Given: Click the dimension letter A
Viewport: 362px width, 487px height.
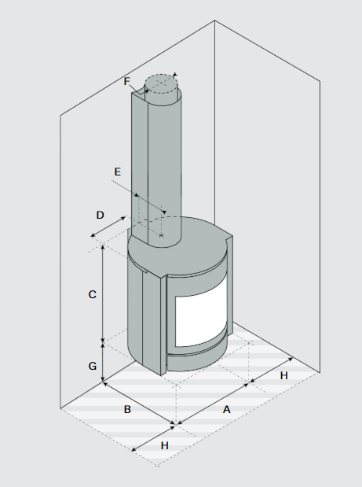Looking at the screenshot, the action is (x=227, y=410).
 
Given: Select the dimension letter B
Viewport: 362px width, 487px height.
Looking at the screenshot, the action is (x=127, y=409).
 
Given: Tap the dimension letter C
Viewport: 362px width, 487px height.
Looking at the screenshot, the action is (x=93, y=294).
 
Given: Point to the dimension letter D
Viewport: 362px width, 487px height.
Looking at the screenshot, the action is (x=100, y=215).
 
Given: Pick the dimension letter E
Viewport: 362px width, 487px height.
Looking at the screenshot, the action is (x=118, y=172).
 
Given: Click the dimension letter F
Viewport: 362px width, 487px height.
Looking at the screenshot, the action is (x=126, y=81).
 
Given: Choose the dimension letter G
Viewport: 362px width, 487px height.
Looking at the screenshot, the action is (x=93, y=366).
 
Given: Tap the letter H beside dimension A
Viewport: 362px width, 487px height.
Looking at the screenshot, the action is (x=284, y=375).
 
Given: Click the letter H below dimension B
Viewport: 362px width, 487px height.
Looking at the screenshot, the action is (x=165, y=445).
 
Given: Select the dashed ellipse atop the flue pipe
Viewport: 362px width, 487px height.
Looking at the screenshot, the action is (x=161, y=84).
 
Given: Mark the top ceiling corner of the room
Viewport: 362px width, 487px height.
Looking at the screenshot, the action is (x=214, y=20).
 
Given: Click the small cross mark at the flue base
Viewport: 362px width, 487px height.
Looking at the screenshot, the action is (x=161, y=236).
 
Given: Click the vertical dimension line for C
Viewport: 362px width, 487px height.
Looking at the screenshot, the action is (x=103, y=293).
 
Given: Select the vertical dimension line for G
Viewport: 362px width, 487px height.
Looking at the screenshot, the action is (x=103, y=362).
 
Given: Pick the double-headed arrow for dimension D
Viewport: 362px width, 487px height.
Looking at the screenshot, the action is (x=108, y=227).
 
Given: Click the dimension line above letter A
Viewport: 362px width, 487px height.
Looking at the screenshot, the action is (x=213, y=404).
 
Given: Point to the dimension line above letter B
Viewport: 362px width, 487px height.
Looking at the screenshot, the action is (x=139, y=403).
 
